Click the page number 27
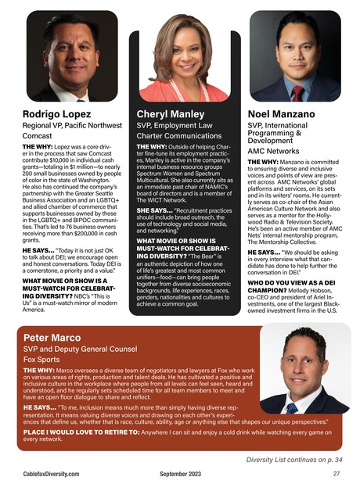click(x=336, y=474)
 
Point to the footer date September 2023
click(x=181, y=474)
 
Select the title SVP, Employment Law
click(x=174, y=124)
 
